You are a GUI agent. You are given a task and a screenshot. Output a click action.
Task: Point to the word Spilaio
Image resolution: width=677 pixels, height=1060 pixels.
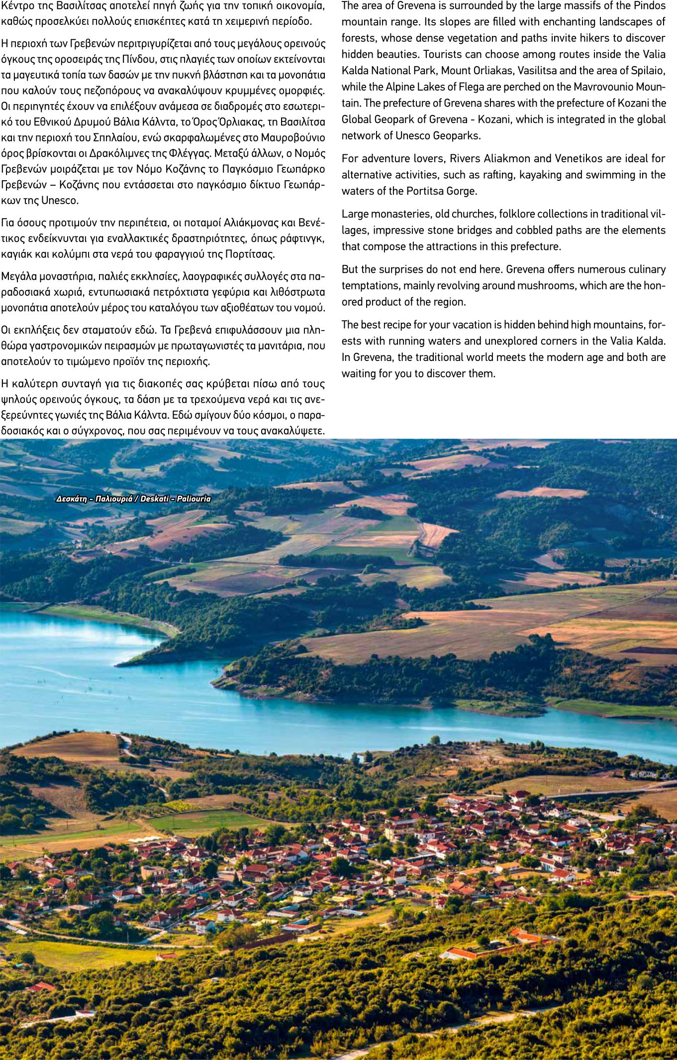click(649, 70)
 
